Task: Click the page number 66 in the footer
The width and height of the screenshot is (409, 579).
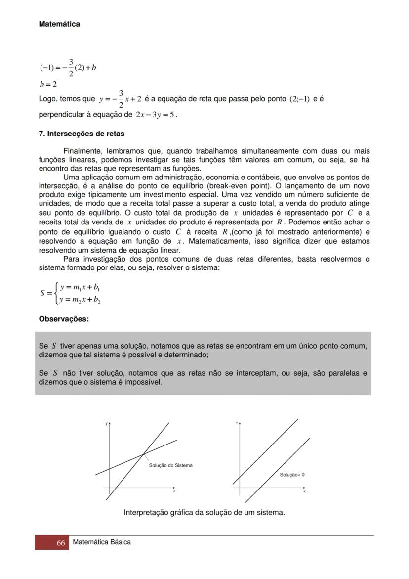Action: point(61,543)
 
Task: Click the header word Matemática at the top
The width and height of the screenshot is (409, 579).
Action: point(59,24)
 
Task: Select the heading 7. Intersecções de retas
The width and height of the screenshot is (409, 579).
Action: point(82,134)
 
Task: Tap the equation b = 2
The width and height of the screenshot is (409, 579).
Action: point(48,84)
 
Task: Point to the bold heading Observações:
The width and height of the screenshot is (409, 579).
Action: point(64,319)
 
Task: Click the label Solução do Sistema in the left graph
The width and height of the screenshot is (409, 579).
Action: point(171,465)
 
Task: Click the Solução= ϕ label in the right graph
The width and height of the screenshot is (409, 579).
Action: point(292,475)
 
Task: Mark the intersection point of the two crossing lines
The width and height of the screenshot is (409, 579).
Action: point(144,453)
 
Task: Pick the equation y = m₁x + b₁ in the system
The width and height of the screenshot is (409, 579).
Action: point(81,287)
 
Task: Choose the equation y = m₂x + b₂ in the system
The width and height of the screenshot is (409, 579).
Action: point(81,299)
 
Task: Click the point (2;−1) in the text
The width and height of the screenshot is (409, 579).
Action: point(299,99)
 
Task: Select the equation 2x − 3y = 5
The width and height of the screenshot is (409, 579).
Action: point(156,115)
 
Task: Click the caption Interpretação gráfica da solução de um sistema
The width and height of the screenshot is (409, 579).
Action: point(204,513)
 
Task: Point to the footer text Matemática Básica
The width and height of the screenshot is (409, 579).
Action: point(102,542)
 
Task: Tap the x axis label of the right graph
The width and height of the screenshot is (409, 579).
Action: point(304,492)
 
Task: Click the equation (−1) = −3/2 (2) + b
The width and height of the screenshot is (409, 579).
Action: point(68,67)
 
